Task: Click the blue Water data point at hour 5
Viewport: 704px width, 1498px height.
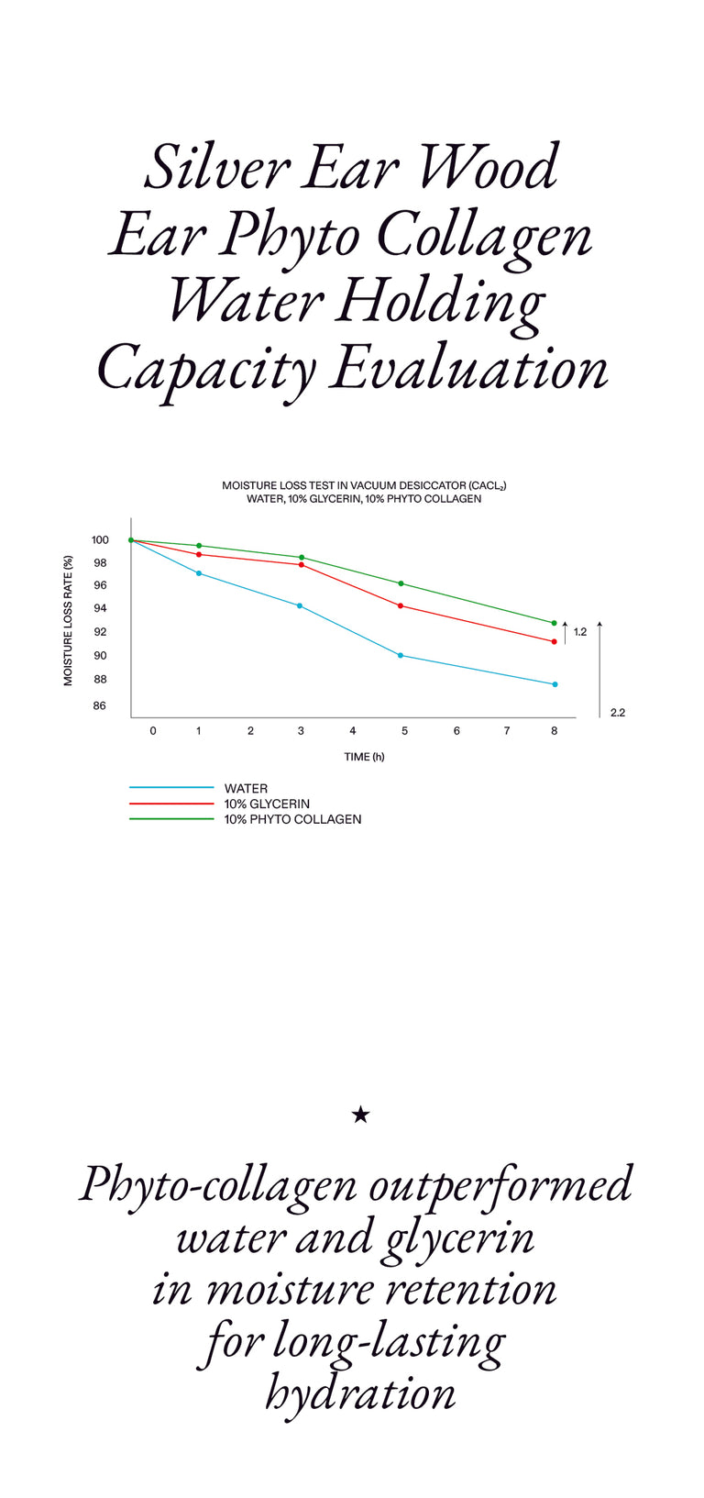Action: (x=401, y=655)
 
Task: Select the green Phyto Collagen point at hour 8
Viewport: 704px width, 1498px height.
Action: (x=554, y=623)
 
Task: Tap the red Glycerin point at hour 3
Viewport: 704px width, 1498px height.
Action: (x=301, y=564)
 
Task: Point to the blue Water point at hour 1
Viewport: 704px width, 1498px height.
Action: (x=199, y=573)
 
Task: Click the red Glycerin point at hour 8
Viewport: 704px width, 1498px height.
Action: (x=555, y=641)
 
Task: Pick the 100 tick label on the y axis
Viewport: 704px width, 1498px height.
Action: (x=100, y=540)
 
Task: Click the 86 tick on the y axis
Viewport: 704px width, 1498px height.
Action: (x=99, y=705)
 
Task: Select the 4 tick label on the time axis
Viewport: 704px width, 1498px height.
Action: (x=353, y=731)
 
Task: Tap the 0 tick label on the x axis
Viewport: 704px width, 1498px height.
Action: (x=153, y=731)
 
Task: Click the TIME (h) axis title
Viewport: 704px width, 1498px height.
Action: (x=364, y=757)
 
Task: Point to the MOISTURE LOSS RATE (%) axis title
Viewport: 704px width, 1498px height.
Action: (x=68, y=619)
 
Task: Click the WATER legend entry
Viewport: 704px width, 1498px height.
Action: (x=246, y=788)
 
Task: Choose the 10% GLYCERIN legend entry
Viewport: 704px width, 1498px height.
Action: (x=267, y=804)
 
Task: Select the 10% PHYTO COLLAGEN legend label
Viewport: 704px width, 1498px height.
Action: (x=292, y=819)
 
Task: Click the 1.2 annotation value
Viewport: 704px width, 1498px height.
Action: (x=580, y=632)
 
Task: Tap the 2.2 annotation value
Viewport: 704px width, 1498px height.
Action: (x=618, y=713)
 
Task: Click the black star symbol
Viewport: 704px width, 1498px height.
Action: (x=360, y=1115)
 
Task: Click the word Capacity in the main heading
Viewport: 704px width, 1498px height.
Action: (x=206, y=370)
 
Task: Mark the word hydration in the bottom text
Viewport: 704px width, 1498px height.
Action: (x=360, y=1393)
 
